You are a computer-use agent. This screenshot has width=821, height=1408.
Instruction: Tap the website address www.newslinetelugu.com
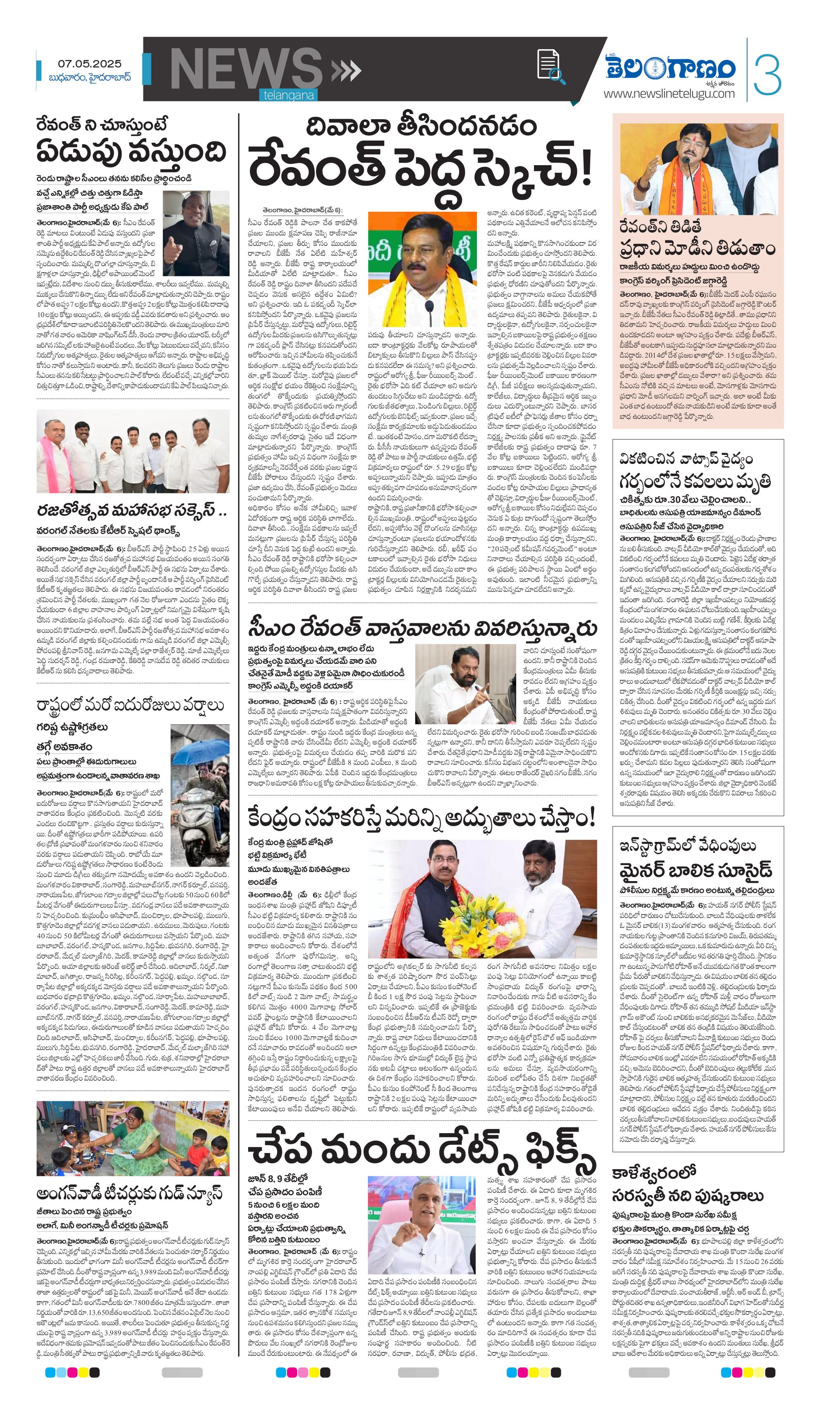(x=668, y=94)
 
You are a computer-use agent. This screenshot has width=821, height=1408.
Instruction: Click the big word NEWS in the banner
(x=246, y=70)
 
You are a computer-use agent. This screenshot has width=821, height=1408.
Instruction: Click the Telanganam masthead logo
(x=671, y=68)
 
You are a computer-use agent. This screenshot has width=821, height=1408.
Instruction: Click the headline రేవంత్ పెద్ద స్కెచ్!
(x=419, y=167)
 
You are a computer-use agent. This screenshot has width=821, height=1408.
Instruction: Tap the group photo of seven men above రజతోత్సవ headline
(x=132, y=452)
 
